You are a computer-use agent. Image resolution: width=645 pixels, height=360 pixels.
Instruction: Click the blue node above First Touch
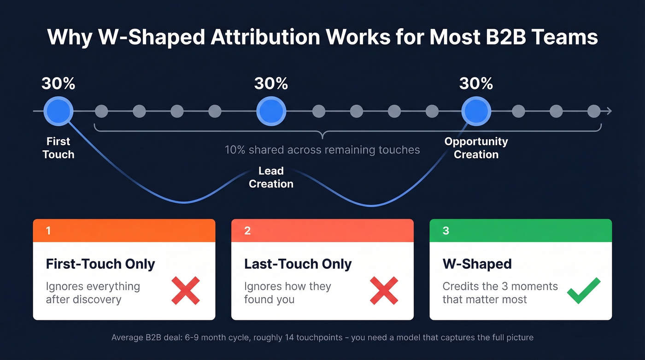59,111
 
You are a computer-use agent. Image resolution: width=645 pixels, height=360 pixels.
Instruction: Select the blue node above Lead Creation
271,111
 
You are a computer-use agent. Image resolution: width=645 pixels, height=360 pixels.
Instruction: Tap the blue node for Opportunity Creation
476,111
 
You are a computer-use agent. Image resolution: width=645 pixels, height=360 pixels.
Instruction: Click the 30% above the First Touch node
59,83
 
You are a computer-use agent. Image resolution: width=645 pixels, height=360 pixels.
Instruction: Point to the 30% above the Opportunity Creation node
476,83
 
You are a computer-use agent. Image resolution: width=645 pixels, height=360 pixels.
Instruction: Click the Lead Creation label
271,177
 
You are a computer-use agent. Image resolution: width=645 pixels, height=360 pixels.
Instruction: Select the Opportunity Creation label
476,148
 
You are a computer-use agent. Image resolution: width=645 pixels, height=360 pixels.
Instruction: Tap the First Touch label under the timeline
59,148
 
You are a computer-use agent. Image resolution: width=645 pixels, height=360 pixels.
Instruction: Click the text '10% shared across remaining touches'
322,150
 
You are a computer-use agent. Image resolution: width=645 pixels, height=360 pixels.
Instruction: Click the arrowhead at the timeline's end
609,111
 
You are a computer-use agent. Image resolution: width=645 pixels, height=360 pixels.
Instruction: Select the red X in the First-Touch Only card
186,290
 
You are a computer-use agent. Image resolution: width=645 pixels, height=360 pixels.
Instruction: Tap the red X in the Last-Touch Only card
384,290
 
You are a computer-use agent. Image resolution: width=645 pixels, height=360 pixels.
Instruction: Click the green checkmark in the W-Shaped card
583,290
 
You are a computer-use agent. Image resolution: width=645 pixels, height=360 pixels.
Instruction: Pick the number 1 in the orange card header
49,230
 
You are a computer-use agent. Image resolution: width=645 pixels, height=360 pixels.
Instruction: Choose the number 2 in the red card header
247,230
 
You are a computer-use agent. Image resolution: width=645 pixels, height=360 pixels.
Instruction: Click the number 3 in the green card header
446,230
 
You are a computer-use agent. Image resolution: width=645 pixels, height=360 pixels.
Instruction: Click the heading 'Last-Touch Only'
298,264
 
